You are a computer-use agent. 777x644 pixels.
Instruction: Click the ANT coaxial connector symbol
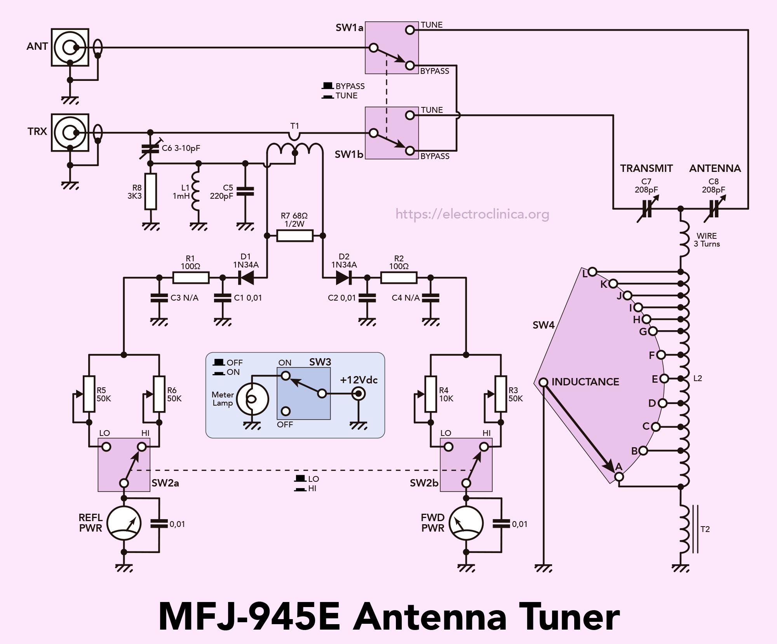point(70,47)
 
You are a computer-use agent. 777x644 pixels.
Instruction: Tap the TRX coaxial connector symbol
point(70,133)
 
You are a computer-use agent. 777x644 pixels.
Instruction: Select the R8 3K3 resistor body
point(151,192)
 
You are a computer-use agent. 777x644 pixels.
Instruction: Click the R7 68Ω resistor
point(295,236)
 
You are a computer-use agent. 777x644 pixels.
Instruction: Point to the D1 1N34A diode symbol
point(246,278)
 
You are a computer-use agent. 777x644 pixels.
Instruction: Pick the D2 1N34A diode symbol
point(344,278)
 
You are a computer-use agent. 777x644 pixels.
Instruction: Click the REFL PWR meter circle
point(124,523)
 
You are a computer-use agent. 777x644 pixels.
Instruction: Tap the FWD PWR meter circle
point(466,523)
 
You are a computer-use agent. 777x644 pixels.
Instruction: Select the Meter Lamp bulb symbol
point(253,399)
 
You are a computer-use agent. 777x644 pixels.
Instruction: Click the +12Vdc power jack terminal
point(358,394)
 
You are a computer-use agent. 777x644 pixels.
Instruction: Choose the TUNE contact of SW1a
point(410,30)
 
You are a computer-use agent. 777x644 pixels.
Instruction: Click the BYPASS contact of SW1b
point(410,151)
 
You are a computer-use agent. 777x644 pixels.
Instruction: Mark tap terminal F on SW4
point(661,355)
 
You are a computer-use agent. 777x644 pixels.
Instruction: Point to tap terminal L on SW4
point(592,272)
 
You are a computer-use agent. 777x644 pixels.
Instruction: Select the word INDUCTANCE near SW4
point(585,382)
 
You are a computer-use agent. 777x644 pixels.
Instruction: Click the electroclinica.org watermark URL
point(472,214)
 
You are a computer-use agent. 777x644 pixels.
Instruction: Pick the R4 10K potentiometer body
point(431,394)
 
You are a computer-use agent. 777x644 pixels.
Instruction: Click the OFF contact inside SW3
point(286,411)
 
